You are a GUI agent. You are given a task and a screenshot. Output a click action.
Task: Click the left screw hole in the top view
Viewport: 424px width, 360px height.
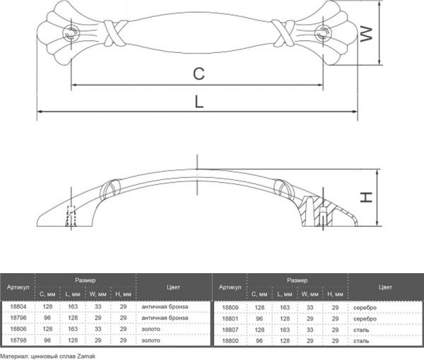72,32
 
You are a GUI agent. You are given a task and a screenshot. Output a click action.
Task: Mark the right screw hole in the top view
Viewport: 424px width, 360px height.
324,32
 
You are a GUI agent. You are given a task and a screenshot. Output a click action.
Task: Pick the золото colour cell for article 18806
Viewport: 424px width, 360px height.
151,329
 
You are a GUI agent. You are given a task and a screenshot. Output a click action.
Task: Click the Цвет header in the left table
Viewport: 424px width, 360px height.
173,287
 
